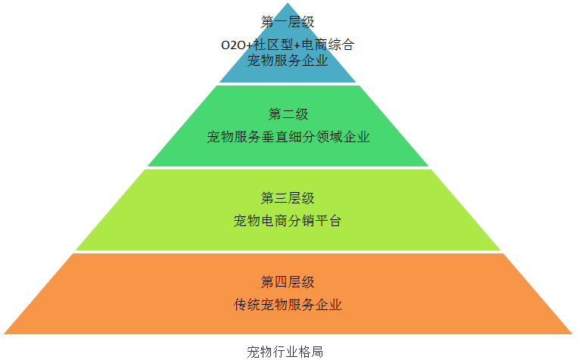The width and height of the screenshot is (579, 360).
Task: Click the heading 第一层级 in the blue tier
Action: tap(288, 22)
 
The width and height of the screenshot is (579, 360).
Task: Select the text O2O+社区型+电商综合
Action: tap(288, 45)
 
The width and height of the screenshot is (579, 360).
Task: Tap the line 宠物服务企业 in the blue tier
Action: tap(288, 61)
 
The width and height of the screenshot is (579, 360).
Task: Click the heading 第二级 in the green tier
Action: tap(288, 114)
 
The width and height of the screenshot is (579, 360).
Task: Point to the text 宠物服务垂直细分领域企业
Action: tap(288, 137)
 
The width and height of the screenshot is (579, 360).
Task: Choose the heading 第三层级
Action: tap(288, 198)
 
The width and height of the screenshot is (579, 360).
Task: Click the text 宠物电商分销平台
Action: tap(288, 221)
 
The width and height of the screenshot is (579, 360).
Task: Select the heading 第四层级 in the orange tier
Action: tap(288, 282)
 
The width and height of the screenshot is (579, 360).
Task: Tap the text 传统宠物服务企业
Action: tap(288, 305)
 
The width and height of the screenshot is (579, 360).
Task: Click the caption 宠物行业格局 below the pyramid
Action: tap(285, 352)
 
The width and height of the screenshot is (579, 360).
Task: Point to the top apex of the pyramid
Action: tap(288, 3)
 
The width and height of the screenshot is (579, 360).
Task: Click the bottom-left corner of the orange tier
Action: tap(4, 334)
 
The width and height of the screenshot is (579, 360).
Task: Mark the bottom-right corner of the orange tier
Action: tap(572, 334)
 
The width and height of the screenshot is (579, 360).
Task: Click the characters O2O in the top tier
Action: tap(233, 45)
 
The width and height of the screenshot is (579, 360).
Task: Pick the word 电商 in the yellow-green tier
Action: tap(274, 221)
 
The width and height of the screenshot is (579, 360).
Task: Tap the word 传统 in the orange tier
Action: tap(247, 305)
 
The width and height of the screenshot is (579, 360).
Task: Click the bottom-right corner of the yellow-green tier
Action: tap(500, 250)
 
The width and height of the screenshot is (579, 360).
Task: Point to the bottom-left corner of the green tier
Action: tap(148, 166)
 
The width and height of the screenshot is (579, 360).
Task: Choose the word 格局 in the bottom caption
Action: tap(310, 352)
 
